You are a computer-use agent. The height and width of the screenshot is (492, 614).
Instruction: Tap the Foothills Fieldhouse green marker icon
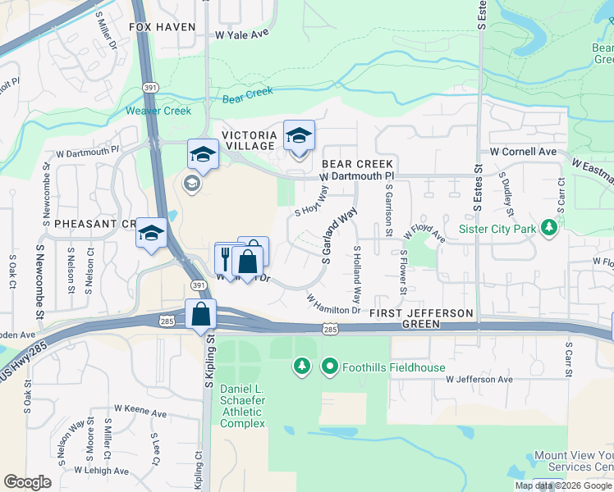coord(330,367)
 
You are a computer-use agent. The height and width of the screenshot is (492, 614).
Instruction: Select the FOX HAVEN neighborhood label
coord(162,27)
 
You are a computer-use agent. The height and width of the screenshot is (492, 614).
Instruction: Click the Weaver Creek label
coord(158,111)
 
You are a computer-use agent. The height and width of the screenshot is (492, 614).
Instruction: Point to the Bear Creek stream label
coord(247,93)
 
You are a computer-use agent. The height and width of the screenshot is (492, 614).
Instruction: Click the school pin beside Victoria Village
coord(299,135)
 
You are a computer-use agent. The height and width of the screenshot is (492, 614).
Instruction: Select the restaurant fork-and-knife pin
coord(226,257)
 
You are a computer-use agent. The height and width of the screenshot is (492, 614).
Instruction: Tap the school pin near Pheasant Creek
coord(151,234)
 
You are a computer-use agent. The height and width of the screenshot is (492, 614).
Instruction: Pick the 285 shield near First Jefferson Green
coord(329,329)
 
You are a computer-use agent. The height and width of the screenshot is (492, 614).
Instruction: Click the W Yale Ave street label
coord(242,34)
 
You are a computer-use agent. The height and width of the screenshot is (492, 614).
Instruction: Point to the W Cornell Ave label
coord(523,152)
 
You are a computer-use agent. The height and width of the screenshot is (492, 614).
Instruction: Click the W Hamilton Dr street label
coord(333,305)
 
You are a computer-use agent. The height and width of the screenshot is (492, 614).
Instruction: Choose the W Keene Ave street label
coord(141,408)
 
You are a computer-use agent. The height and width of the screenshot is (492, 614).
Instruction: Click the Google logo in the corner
coord(27,481)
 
